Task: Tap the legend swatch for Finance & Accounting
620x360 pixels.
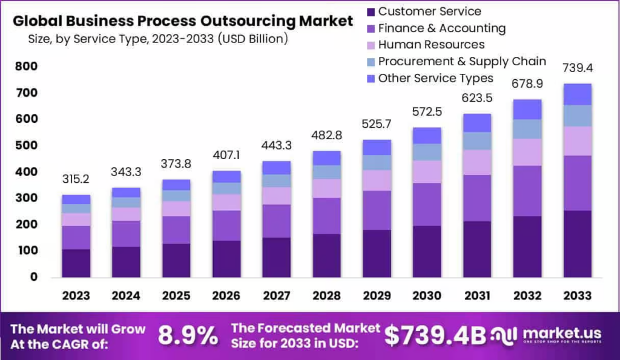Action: click(370, 28)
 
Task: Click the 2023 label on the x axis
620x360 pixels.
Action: click(76, 295)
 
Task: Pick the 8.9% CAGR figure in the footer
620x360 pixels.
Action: click(188, 335)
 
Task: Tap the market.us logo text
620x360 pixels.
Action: click(559, 333)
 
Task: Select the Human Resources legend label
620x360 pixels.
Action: click(431, 45)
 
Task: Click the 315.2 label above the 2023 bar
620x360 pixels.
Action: click(76, 180)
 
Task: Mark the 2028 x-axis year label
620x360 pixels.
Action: click(327, 295)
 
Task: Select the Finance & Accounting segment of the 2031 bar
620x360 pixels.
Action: click(478, 198)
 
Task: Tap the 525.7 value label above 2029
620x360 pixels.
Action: click(377, 124)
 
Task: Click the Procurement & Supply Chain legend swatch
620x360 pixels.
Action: click(370, 62)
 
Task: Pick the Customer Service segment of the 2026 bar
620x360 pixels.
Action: click(226, 258)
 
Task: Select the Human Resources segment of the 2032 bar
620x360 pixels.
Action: click(527, 152)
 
